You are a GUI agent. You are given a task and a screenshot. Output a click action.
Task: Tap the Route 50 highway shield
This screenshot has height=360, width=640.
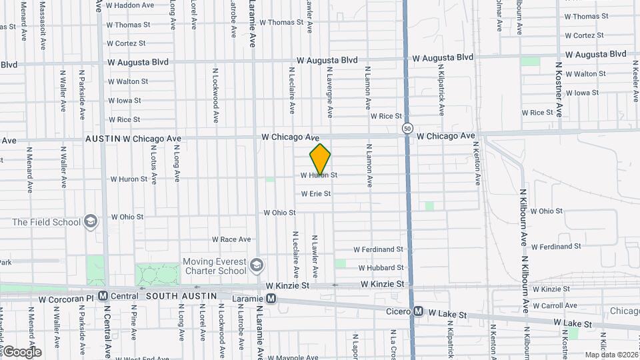coord(407,127)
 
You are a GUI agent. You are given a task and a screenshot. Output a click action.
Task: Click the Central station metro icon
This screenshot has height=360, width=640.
coord(103,295)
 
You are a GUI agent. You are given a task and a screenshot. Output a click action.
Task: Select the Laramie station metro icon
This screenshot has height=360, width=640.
coord(271,299)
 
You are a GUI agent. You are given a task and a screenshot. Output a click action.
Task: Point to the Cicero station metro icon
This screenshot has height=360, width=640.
coord(418,311)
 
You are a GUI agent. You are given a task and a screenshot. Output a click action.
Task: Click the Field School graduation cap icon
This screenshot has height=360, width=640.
coord(91,221)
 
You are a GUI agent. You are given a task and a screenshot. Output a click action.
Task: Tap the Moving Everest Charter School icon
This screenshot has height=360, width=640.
coord(255,267)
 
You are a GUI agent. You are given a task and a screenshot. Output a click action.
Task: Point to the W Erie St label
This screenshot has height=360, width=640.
coord(315,194)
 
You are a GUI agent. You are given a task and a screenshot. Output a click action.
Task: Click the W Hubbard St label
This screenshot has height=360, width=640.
coord(381,268)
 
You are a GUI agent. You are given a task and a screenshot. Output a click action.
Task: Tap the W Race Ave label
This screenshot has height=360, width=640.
coord(231,239)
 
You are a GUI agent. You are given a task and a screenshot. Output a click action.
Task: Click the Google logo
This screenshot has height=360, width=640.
coord(21,352)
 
